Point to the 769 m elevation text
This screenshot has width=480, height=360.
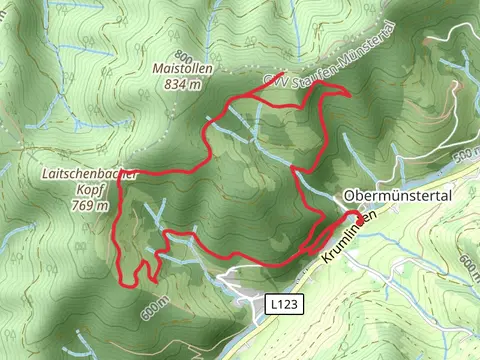89,205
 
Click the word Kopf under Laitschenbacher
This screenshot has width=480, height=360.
88,189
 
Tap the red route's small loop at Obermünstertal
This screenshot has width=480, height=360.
357,218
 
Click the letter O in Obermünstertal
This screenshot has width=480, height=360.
349,195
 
